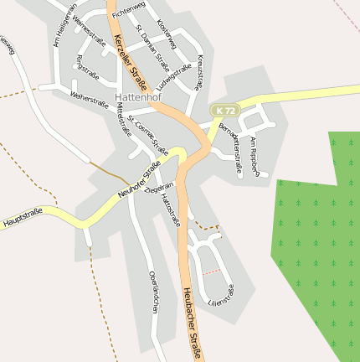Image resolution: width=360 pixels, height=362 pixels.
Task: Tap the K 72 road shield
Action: [222, 111]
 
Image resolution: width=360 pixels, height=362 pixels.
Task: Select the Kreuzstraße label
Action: [201, 72]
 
